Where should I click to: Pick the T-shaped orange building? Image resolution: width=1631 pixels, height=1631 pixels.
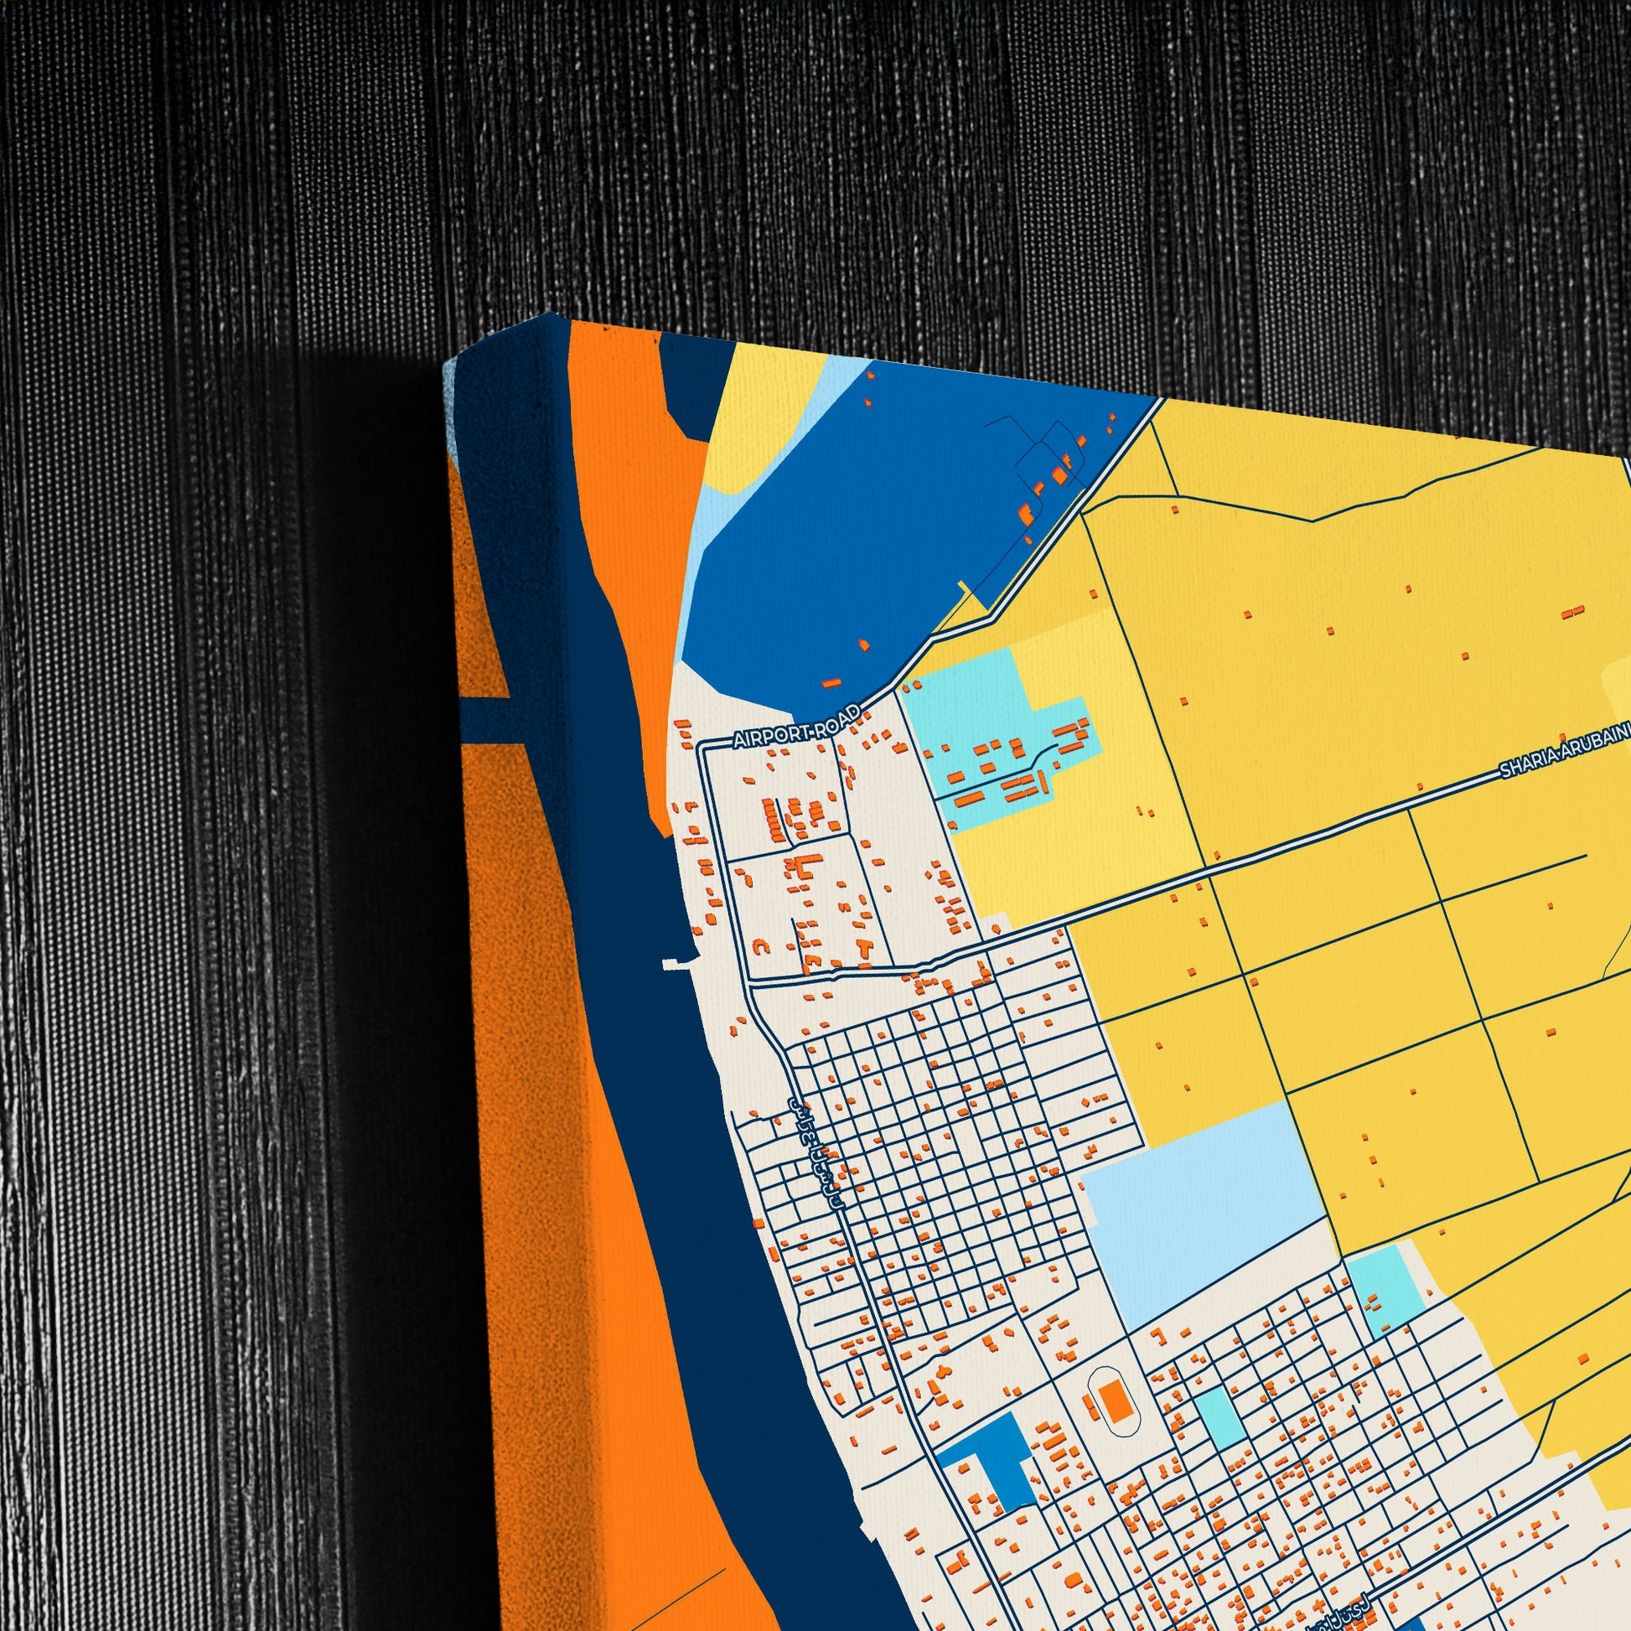click(x=863, y=944)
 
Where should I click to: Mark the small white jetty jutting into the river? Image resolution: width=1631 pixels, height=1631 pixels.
click(x=676, y=962)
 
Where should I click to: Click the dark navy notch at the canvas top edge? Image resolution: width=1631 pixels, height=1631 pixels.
click(x=684, y=388)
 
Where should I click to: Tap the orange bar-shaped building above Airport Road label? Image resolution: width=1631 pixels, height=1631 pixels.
click(x=832, y=682)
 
